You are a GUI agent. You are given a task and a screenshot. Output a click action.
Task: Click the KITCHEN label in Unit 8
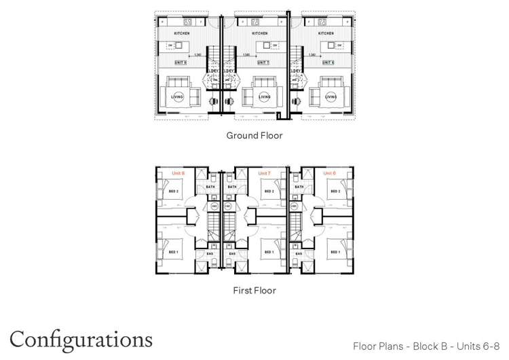pyautogui.click(x=181, y=33)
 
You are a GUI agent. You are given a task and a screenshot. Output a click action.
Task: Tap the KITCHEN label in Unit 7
pyautogui.click(x=260, y=33)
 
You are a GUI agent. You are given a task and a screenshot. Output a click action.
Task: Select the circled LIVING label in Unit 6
pyautogui.click(x=331, y=97)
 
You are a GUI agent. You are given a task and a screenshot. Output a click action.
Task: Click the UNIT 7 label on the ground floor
pyautogui.click(x=263, y=62)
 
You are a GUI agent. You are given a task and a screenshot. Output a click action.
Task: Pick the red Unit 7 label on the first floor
pyautogui.click(x=264, y=173)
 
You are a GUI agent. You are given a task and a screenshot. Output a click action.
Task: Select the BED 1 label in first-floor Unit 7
pyautogui.click(x=269, y=253)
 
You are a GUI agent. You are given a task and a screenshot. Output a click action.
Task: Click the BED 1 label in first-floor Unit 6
pyautogui.click(x=334, y=253)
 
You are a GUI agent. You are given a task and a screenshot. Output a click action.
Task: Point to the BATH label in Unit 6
pyautogui.click(x=296, y=187)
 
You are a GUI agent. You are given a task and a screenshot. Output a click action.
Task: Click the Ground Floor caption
pyautogui.click(x=254, y=136)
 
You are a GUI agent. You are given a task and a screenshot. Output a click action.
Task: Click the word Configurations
pyautogui.click(x=81, y=338)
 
